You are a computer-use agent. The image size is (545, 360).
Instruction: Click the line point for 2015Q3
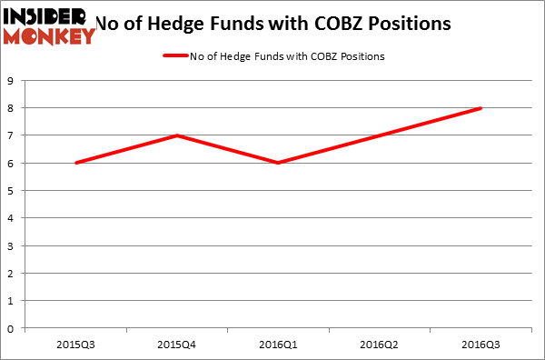coord(75,163)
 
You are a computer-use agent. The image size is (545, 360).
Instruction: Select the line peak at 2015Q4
coord(176,135)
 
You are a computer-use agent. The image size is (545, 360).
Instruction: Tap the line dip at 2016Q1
coord(278,163)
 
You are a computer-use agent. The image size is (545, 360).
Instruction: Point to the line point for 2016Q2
coord(379,135)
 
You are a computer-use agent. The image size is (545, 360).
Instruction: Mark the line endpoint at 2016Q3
coord(481,108)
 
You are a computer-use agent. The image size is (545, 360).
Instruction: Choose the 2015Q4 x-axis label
coord(176,345)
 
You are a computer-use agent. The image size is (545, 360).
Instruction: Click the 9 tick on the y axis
coord(11,81)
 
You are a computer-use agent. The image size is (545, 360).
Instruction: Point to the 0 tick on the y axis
coord(11,328)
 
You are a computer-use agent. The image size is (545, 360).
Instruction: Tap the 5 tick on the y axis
coord(11,191)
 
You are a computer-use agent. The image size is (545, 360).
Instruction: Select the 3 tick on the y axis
coord(11,245)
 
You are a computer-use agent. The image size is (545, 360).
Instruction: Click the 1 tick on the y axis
coord(11,301)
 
